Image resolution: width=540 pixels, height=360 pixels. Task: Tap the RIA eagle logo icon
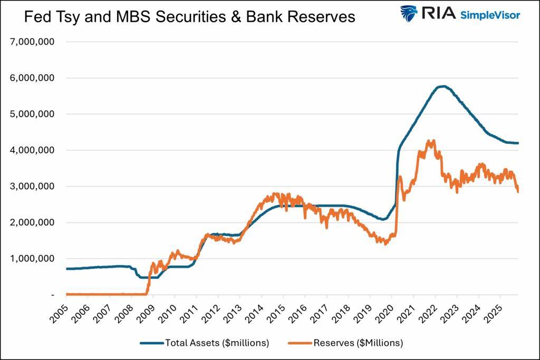tap(409, 14)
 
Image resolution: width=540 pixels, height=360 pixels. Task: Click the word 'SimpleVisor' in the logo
tap(490, 14)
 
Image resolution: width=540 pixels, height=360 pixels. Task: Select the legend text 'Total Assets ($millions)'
tap(217, 343)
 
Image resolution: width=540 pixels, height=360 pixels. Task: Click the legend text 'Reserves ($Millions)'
tap(358, 343)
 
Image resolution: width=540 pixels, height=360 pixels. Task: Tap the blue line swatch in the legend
tap(151, 343)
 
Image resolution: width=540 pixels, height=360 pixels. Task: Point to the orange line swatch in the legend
tap(300, 343)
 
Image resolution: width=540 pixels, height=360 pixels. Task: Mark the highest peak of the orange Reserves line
tap(433, 140)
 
